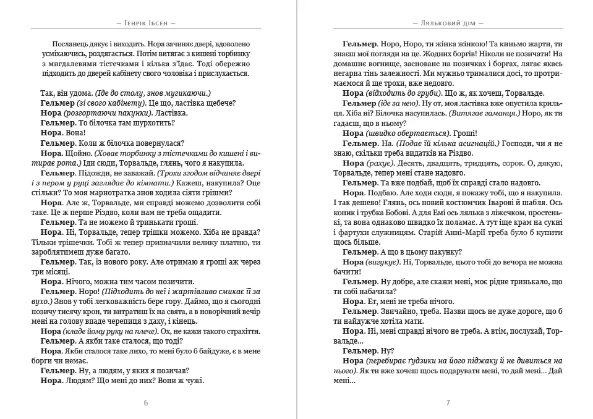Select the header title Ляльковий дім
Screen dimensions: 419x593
coord(448,22)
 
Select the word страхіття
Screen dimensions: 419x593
coord(229,331)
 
